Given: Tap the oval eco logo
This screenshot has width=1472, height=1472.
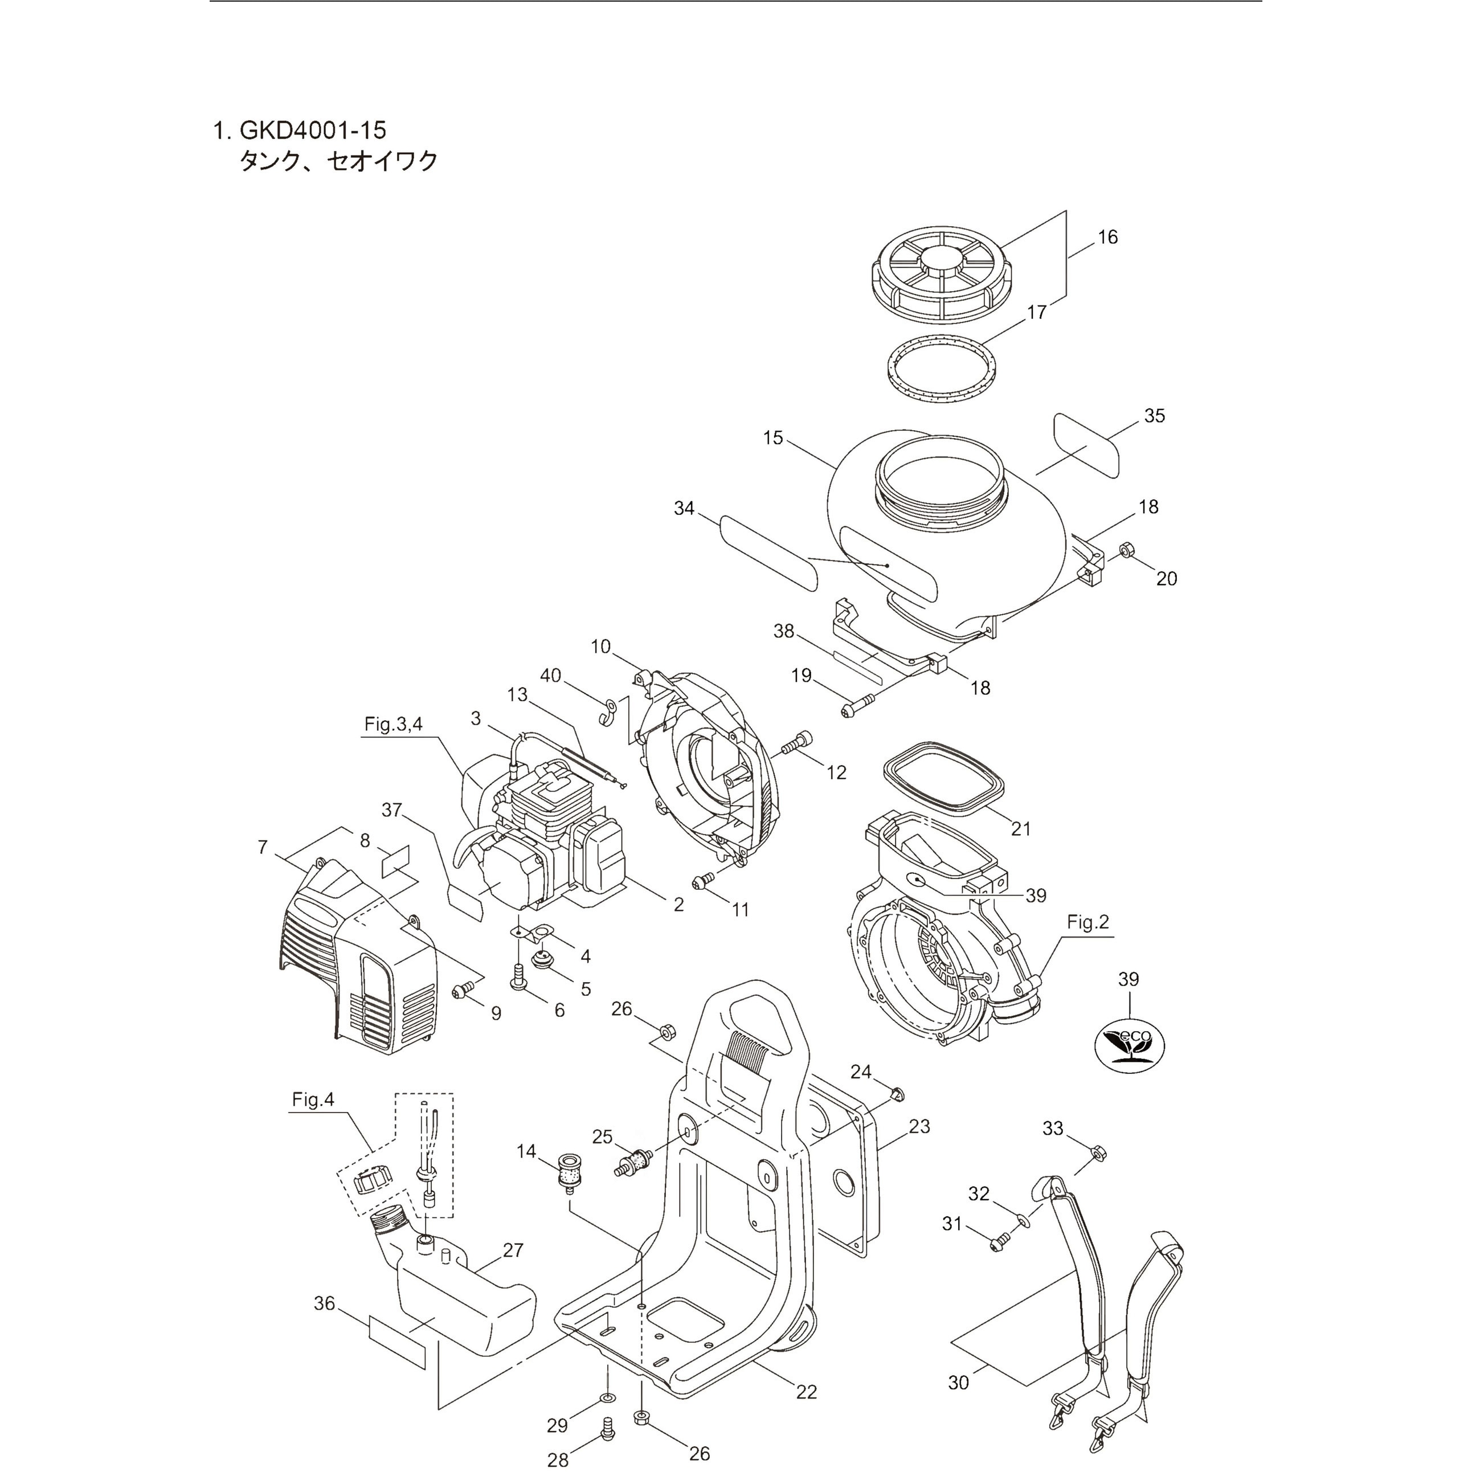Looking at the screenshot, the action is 1128,1046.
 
